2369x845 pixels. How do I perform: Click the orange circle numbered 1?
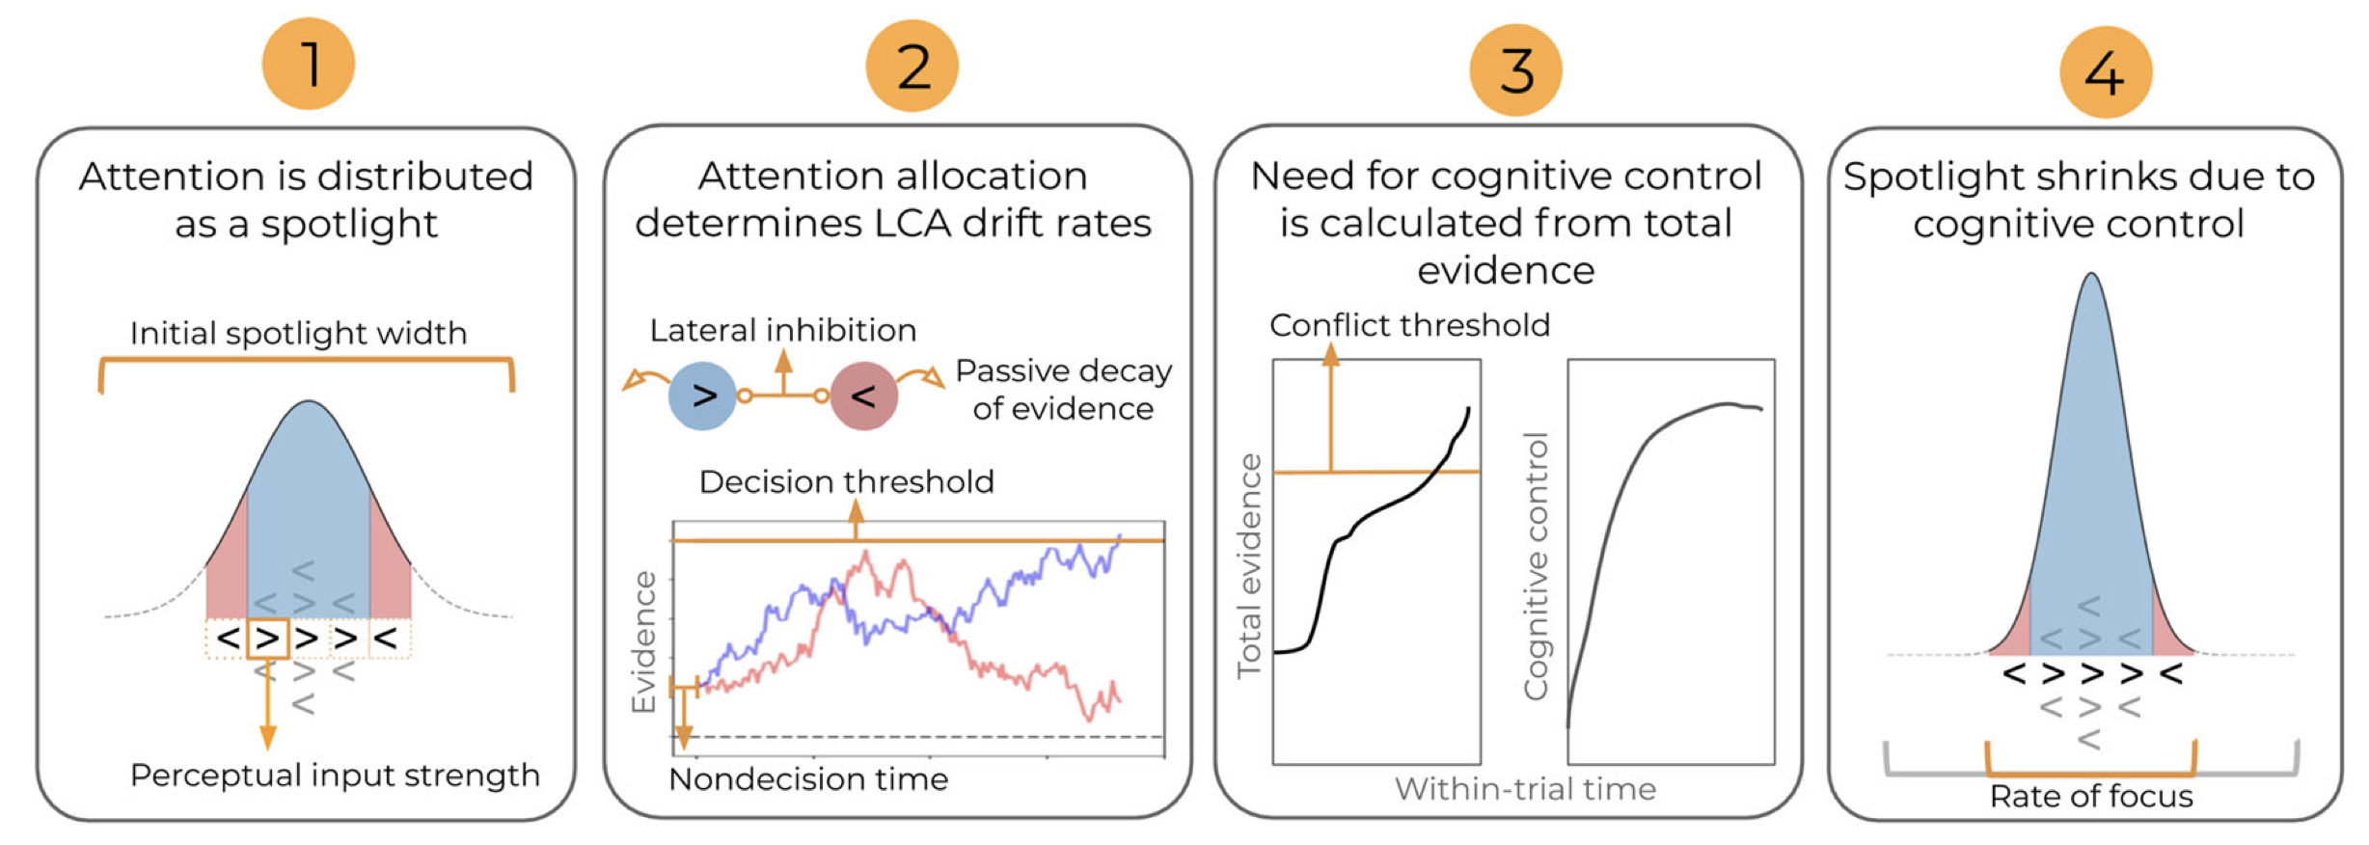(x=309, y=64)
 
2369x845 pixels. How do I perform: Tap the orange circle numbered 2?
(x=912, y=66)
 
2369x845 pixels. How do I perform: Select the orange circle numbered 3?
(x=1515, y=69)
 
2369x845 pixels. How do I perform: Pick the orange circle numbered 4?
(x=2105, y=72)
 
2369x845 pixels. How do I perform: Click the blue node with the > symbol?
(x=702, y=395)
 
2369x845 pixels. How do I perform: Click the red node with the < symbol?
(x=863, y=395)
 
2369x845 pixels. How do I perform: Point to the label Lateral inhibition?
(x=782, y=331)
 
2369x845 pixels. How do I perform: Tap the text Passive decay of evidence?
(x=1063, y=390)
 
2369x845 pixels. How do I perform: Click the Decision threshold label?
(x=846, y=481)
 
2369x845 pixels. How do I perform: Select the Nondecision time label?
(x=808, y=779)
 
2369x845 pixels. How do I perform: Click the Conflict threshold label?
(x=1409, y=325)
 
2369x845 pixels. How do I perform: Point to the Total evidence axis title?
(x=1250, y=565)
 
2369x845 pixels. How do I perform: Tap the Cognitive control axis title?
(x=1536, y=565)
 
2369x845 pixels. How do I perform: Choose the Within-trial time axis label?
(x=1525, y=790)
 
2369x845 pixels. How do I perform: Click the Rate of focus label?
(x=2091, y=797)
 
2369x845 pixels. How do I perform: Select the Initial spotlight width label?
(x=298, y=334)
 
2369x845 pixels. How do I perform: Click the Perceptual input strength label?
(x=335, y=776)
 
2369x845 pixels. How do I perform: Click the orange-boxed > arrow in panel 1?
(x=268, y=639)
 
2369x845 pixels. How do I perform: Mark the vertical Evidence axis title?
(x=643, y=641)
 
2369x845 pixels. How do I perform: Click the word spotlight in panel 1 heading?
(x=349, y=225)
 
